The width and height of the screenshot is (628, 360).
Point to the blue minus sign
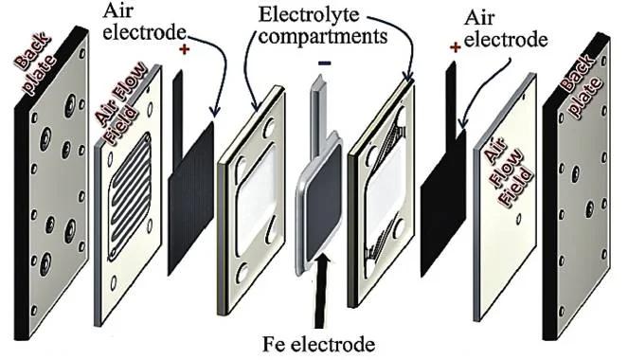coord(324,63)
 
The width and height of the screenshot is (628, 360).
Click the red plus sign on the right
coord(456,45)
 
